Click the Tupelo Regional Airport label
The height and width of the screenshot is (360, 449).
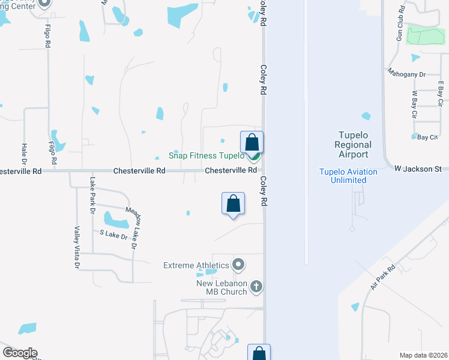coord(353,145)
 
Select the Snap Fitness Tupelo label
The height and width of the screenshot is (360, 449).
coord(206,155)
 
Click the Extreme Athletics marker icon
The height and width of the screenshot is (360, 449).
coord(239,264)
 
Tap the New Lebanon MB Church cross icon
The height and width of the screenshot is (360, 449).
coord(256,286)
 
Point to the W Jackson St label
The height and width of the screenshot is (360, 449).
coord(418,169)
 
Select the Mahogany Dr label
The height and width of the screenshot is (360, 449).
coord(406,74)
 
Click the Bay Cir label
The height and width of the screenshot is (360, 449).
coord(427,137)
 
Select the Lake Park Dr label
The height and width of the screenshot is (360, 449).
coord(92,195)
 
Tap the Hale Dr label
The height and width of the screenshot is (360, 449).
coord(25,154)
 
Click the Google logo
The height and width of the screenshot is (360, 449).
coord(19,353)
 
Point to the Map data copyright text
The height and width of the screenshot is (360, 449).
coord(423,355)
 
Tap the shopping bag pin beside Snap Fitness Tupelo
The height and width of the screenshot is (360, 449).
coord(252,142)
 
